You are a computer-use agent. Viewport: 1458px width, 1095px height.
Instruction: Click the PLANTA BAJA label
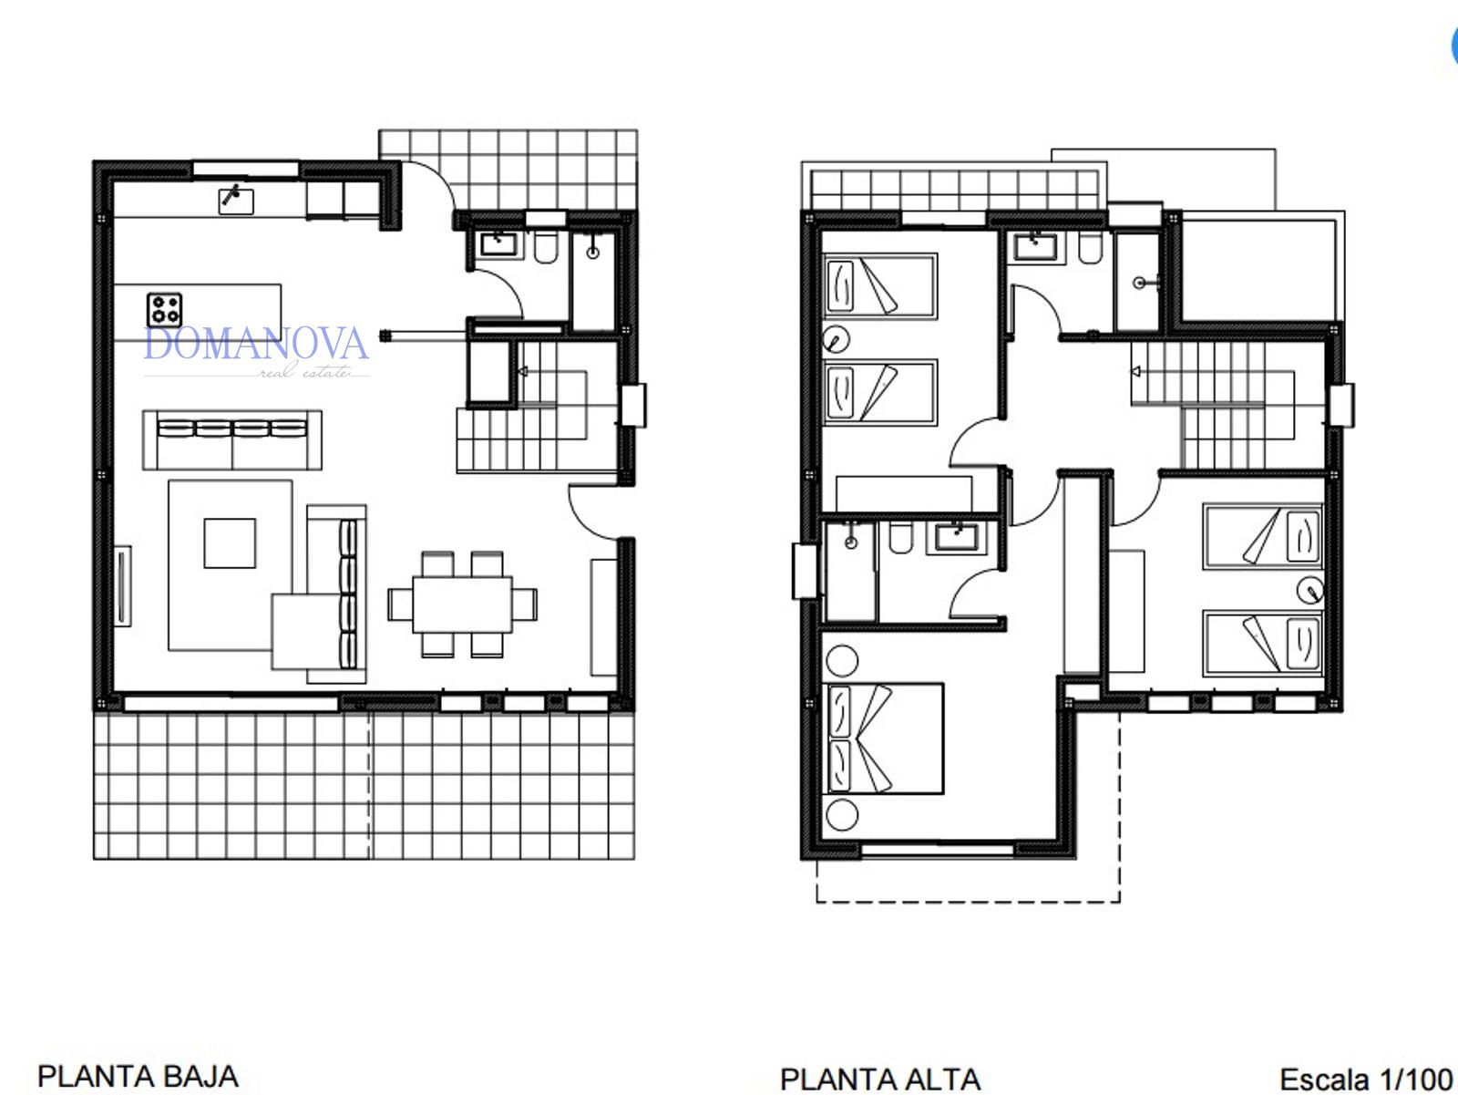[139, 1077]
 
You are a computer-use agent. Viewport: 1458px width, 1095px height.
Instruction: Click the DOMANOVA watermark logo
[256, 352]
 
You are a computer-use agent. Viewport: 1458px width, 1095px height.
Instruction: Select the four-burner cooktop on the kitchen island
[165, 310]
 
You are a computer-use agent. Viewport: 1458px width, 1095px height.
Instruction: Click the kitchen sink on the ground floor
[236, 201]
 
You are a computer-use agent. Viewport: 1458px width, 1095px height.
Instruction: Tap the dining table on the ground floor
[462, 604]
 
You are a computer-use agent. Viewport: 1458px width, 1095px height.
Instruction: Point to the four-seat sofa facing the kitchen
[232, 439]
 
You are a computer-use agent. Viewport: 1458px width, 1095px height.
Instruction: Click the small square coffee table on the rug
[230, 543]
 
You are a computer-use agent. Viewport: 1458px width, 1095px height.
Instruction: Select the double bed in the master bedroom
[883, 739]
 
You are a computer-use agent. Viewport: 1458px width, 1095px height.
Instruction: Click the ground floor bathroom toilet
[546, 247]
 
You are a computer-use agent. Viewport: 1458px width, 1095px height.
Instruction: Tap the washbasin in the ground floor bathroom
[498, 243]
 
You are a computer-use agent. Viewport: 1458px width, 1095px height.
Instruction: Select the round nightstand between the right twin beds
[1310, 590]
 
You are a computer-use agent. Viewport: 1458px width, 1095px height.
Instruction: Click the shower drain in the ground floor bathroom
[593, 253]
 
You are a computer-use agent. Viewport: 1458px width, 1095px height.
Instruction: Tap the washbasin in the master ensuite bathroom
[957, 535]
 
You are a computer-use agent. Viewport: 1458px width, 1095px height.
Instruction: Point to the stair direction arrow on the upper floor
[1136, 371]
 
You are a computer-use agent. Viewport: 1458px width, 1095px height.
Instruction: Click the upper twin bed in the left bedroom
[880, 285]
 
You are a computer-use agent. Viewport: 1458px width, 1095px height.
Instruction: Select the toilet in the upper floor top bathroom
[1090, 249]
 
